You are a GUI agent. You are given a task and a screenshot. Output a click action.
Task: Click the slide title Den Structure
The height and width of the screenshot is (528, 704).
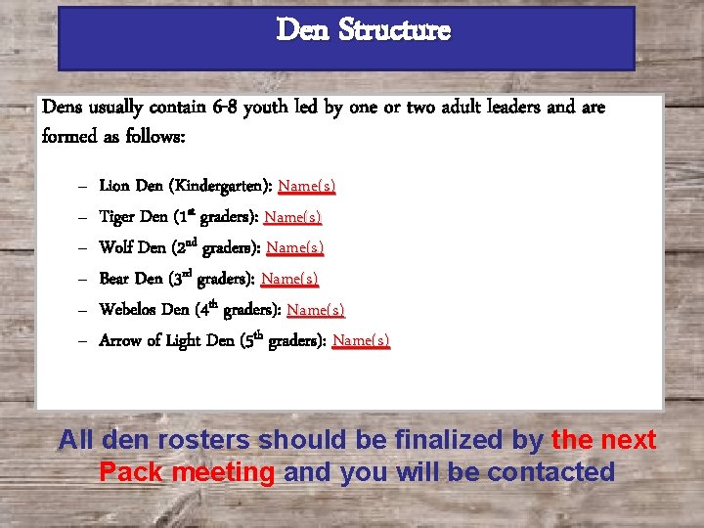[363, 30]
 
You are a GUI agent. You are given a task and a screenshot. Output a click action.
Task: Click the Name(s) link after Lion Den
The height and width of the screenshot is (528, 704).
[307, 185]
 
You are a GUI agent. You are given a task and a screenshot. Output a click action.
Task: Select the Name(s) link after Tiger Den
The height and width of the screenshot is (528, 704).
[293, 216]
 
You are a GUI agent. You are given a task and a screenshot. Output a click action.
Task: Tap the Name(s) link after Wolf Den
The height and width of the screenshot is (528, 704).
[295, 247]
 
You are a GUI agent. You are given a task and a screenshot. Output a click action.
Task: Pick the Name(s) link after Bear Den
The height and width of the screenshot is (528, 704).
[289, 279]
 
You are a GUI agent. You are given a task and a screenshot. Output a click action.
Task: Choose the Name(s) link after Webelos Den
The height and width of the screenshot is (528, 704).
[316, 310]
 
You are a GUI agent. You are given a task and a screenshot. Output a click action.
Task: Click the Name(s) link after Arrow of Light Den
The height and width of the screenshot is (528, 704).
[361, 340]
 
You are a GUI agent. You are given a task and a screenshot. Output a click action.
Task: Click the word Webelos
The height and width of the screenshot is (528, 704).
[129, 310]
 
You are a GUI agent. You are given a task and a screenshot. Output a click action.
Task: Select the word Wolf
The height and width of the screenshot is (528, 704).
[116, 247]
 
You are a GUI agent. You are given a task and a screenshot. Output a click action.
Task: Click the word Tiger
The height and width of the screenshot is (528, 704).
[119, 216]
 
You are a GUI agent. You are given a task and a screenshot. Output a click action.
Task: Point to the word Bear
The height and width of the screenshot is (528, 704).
[116, 279]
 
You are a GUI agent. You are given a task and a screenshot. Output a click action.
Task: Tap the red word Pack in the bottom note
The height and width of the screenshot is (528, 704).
[132, 472]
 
